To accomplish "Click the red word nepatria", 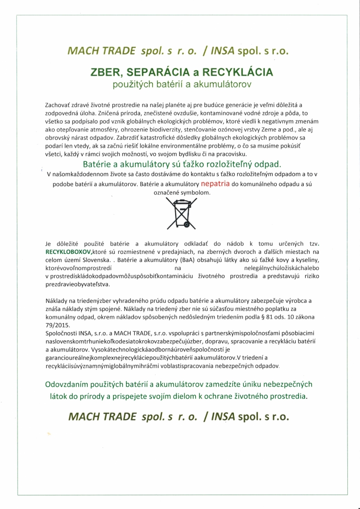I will coord(216,184).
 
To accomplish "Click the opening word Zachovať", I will coord(59,105).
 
